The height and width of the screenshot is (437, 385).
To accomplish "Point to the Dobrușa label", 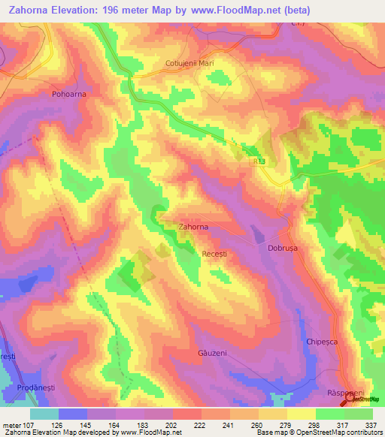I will [x=284, y=246].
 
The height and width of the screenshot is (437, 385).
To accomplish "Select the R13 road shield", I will [x=259, y=161].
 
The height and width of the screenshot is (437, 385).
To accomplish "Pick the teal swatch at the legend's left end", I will [x=44, y=414].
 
